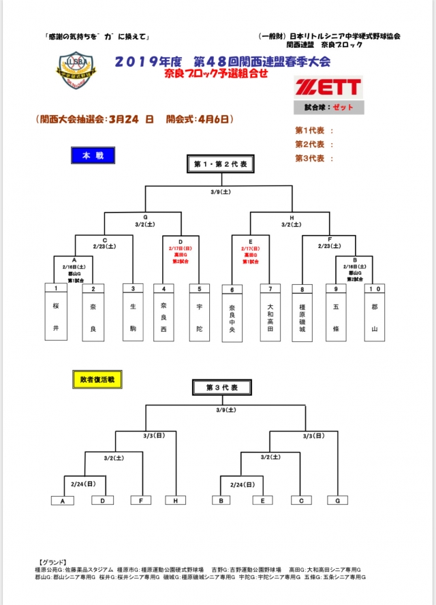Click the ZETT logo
pyautogui.click(x=328, y=87)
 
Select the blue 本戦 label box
pyautogui.click(x=93, y=155)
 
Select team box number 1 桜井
pyautogui.click(x=56, y=311)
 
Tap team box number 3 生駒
pyautogui.click(x=134, y=311)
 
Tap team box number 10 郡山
pyautogui.click(x=374, y=311)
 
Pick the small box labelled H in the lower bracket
pyautogui.click(x=175, y=501)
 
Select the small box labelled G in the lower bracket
pyautogui.click(x=337, y=501)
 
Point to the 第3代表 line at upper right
pyautogui.click(x=314, y=159)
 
